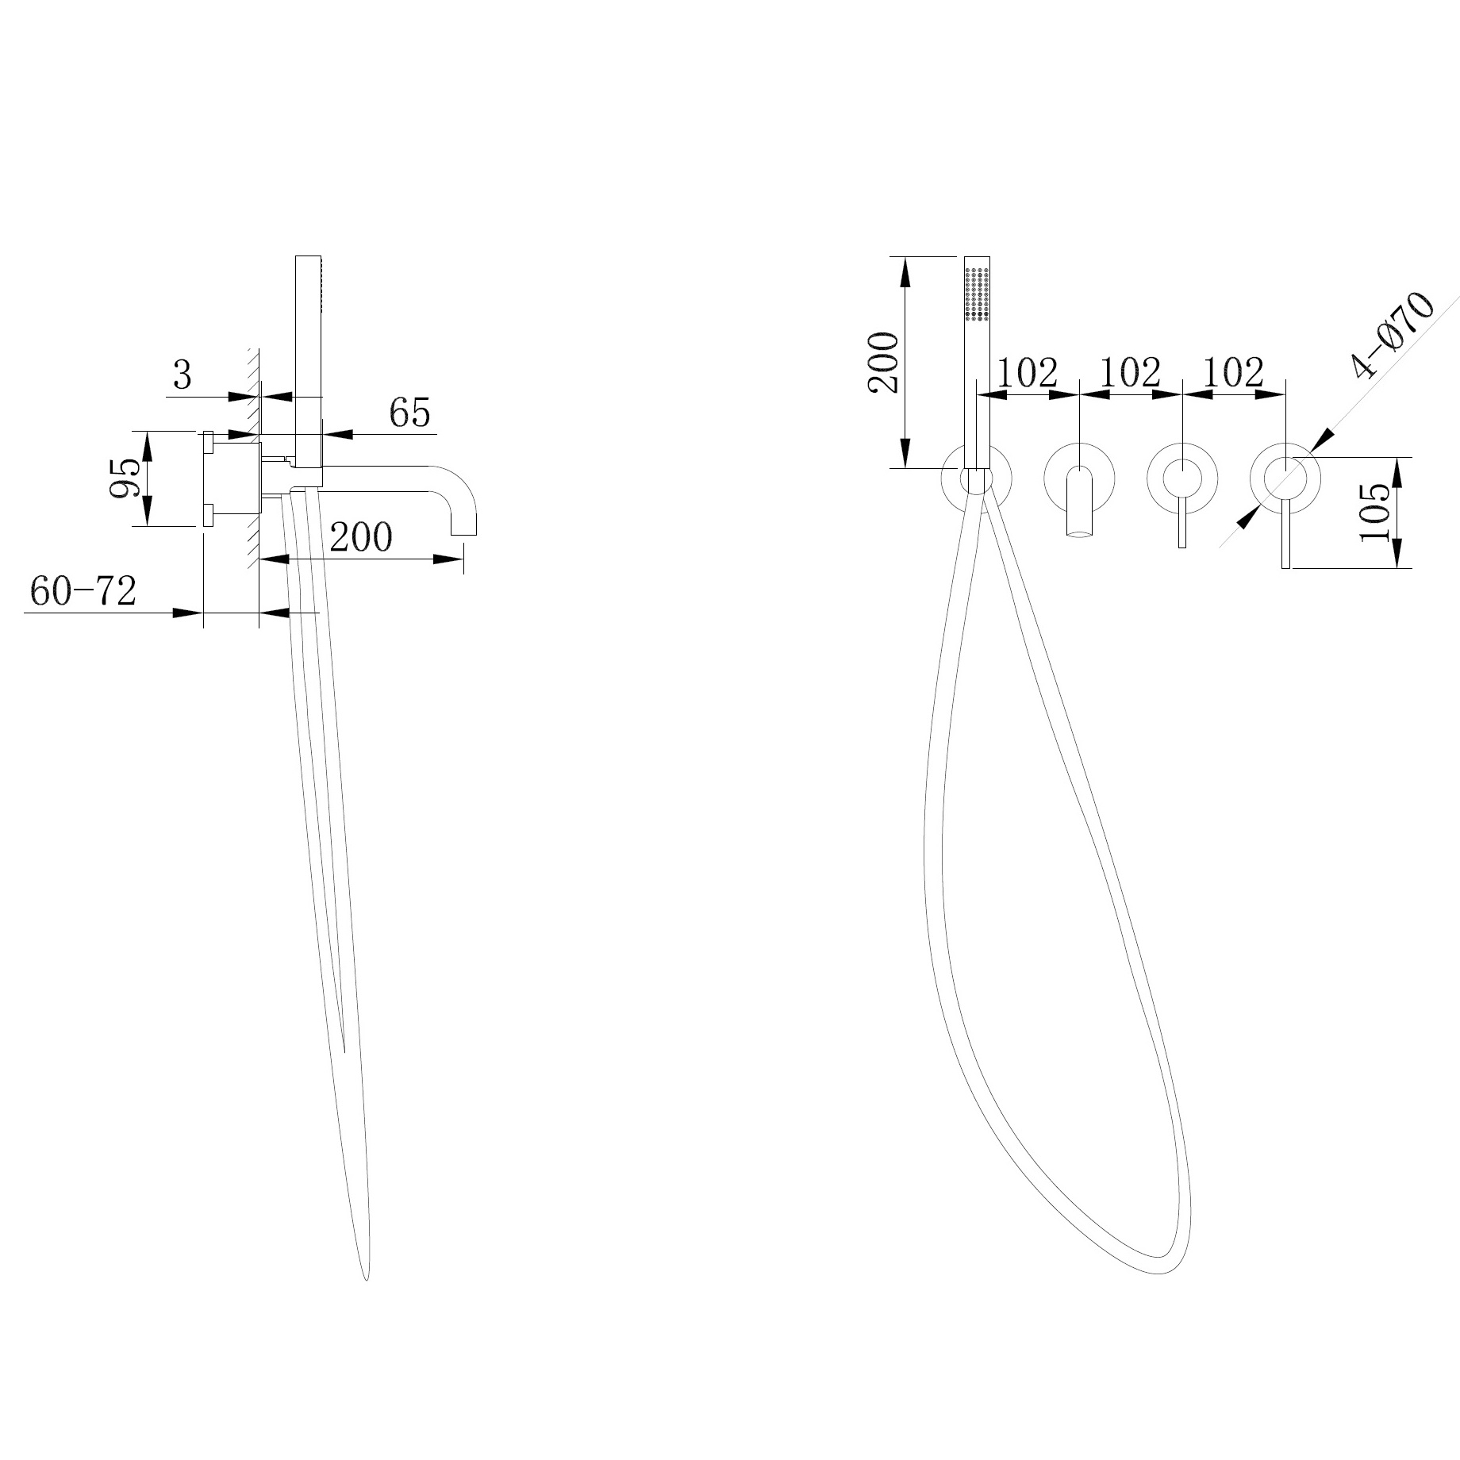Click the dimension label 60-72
[83, 591]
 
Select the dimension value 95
[126, 478]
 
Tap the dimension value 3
[182, 375]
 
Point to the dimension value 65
[409, 413]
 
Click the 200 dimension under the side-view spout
[361, 537]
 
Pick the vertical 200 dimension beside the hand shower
[883, 363]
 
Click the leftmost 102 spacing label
[1027, 372]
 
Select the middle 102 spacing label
[1130, 372]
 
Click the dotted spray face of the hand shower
[977, 294]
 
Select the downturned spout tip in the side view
[464, 527]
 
